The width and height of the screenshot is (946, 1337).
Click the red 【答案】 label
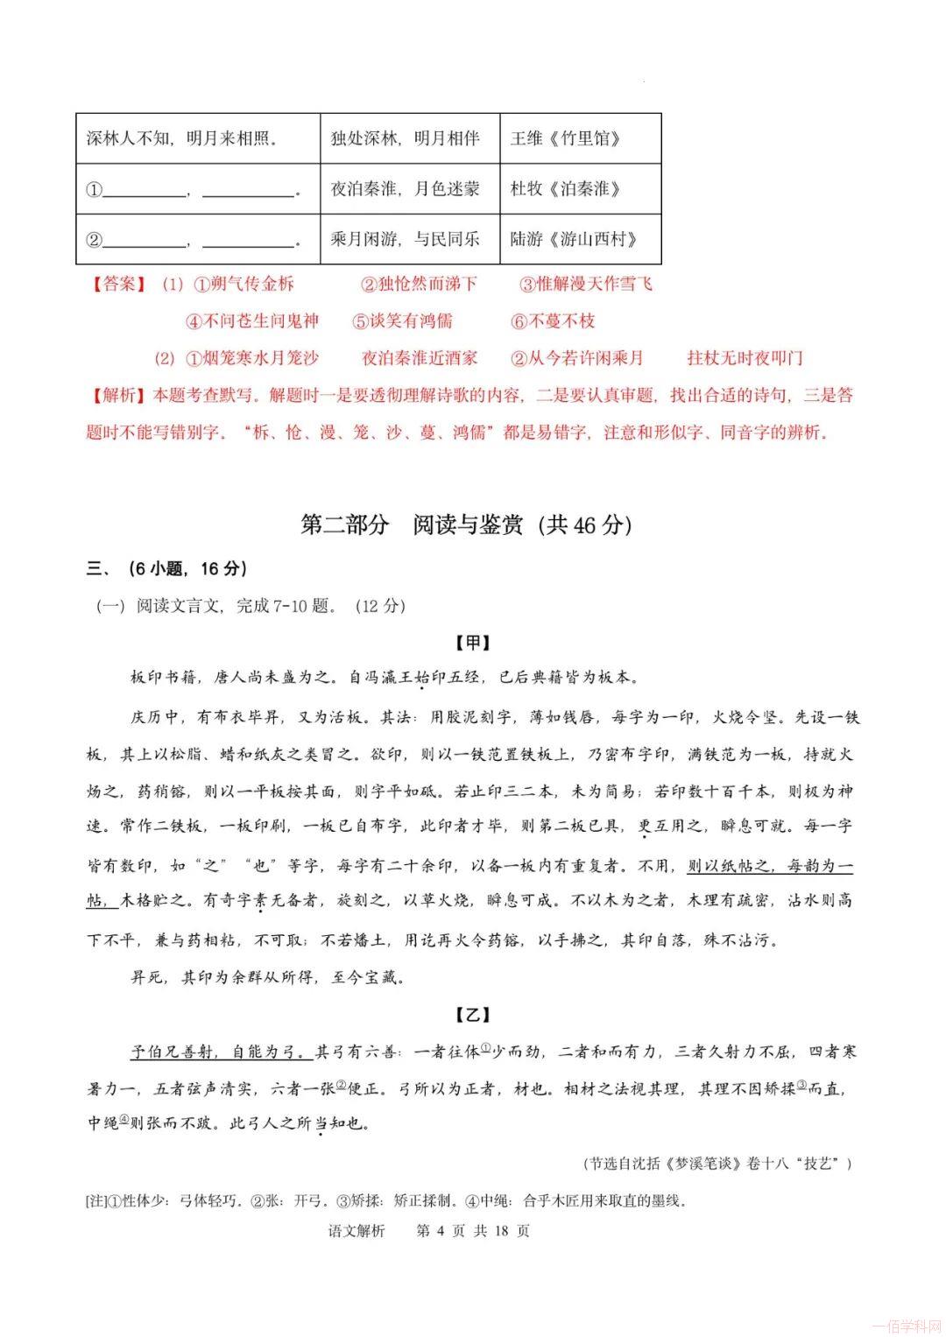point(116,285)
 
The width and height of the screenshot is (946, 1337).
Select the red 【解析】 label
point(116,396)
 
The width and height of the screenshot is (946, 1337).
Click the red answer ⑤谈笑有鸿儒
point(402,321)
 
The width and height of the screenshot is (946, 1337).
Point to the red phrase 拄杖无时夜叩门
point(745,358)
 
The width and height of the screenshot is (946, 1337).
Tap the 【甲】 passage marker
point(473,644)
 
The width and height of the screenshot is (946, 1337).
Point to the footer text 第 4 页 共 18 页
point(473,1231)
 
